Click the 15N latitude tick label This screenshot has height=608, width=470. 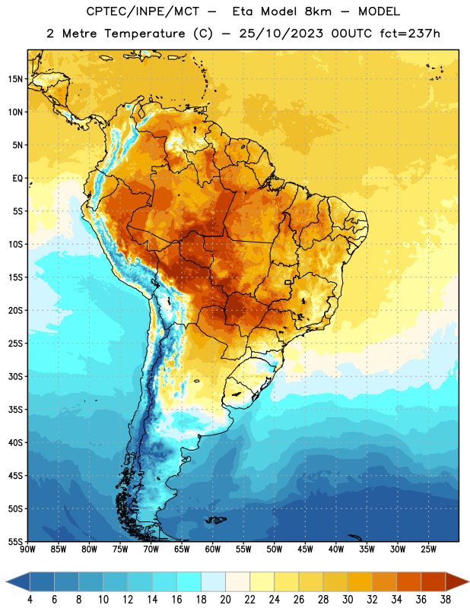click(15, 79)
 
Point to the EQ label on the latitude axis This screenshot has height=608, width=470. click(17, 179)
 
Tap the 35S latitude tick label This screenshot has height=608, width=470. click(15, 410)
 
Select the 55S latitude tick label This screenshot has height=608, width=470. click(15, 541)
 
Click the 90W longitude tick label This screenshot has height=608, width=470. click(27, 549)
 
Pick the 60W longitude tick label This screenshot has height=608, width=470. click(213, 549)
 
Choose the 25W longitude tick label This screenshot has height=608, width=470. click(428, 549)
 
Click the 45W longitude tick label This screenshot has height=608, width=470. click(305, 549)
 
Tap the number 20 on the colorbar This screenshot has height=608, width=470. click(225, 600)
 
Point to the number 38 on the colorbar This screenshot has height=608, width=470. click(445, 600)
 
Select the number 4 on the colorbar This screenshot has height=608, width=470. click(30, 600)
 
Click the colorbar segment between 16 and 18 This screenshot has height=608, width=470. click(189, 581)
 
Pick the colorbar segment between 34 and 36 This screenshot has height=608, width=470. click(408, 581)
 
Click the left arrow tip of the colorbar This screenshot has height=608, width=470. click(6, 581)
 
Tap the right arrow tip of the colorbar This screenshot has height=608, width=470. click(469, 581)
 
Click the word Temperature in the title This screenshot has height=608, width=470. click(144, 33)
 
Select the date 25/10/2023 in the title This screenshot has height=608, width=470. click(281, 33)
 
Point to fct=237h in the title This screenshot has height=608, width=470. click(410, 33)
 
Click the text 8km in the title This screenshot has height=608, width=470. click(318, 11)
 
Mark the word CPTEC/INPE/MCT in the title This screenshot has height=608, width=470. click(142, 11)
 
